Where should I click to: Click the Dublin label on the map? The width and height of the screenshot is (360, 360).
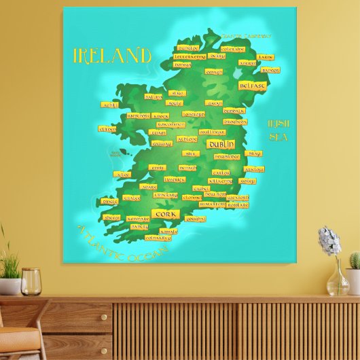coord(221,145)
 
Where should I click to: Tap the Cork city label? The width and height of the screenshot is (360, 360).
coord(166,214)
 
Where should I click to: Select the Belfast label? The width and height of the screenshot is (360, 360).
coord(252,86)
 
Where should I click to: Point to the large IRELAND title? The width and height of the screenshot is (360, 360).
coord(112,55)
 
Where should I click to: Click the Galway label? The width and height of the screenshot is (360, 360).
coord(161,143)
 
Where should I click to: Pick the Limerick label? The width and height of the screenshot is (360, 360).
coord(175,179)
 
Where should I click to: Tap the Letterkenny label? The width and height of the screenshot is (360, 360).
coord(190,57)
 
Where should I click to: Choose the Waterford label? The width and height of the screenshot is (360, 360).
coord(212,204)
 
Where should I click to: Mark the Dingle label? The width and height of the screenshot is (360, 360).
coord(110,201)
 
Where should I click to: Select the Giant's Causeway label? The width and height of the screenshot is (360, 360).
coord(245,36)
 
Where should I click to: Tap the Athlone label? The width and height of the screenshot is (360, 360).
coord(187,139)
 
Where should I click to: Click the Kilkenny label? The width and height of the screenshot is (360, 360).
coord(220,181)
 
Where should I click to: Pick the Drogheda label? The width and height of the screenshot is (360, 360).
coord(235,122)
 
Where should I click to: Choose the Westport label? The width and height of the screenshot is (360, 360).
coord(139,115)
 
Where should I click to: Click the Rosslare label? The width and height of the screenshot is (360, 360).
coord(237,204)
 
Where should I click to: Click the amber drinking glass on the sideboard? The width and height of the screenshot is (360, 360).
coord(31,281)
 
